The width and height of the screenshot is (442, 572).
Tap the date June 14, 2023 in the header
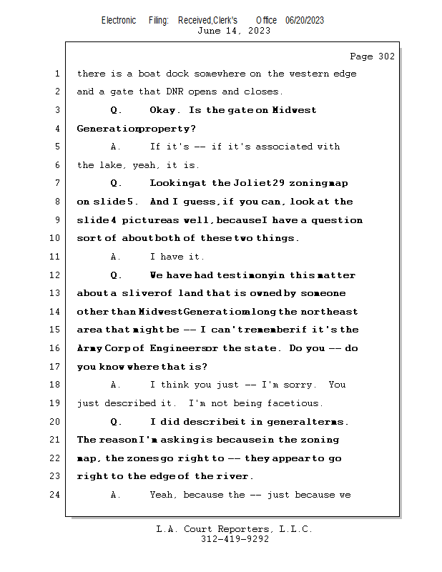(233, 31)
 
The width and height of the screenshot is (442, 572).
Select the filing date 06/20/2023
(305, 21)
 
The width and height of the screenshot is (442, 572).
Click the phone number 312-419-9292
(235, 539)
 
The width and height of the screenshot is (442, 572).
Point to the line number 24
(57, 494)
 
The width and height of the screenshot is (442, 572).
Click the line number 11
(57, 256)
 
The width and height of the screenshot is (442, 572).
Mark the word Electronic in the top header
(119, 21)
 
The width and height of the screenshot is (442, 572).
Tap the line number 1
(57, 74)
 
